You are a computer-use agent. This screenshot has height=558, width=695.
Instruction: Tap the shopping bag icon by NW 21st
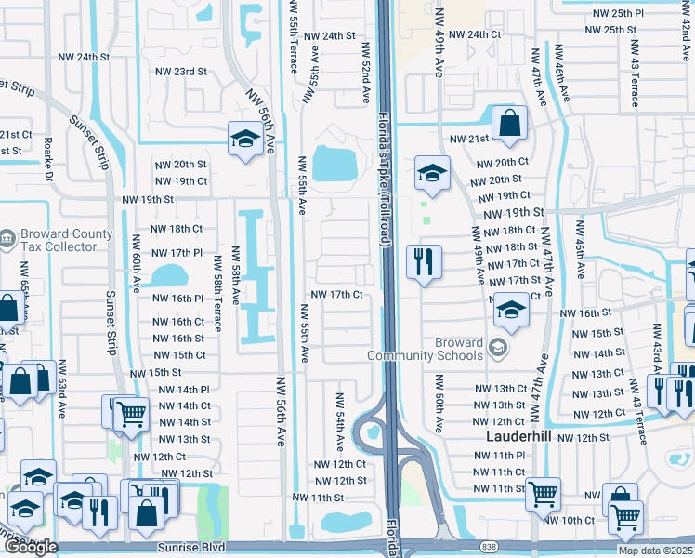coord(510,122)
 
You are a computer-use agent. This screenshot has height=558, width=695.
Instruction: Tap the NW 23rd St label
coord(180,72)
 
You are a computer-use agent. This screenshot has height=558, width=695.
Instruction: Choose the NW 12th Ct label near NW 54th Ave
coord(341,464)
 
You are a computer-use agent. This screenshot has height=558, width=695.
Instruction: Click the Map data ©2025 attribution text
coord(655,551)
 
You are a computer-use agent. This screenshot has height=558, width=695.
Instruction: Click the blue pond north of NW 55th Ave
coord(334,165)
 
